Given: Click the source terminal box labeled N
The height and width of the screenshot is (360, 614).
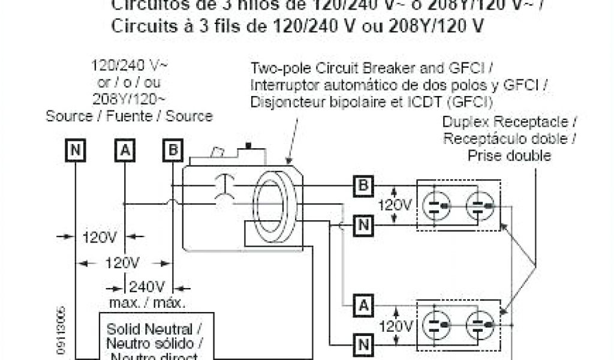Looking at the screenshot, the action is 75,151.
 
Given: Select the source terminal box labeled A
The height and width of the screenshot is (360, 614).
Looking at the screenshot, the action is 124,151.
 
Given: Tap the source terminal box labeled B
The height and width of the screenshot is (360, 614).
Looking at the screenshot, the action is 173,151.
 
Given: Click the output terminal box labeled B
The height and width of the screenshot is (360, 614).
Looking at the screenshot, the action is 362,185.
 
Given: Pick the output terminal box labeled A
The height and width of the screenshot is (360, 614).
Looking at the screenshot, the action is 362,305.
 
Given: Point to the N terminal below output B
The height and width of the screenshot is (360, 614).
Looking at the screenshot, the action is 362,225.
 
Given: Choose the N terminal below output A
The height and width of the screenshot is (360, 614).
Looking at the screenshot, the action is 362,344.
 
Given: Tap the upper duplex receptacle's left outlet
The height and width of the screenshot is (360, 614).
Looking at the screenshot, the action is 436,205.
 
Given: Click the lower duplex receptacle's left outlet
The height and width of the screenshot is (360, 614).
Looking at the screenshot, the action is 436,325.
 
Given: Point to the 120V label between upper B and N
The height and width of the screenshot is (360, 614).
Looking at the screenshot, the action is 395,205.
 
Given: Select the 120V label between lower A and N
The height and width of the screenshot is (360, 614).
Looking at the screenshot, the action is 395,326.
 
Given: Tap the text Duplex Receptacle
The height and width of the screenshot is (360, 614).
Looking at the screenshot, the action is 508,122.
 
